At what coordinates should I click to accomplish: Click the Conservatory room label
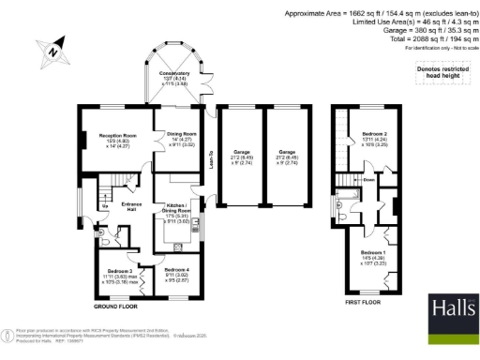click(x=174, y=77)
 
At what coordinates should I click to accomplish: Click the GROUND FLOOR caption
click(x=117, y=307)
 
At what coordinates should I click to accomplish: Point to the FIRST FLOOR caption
click(x=360, y=303)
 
